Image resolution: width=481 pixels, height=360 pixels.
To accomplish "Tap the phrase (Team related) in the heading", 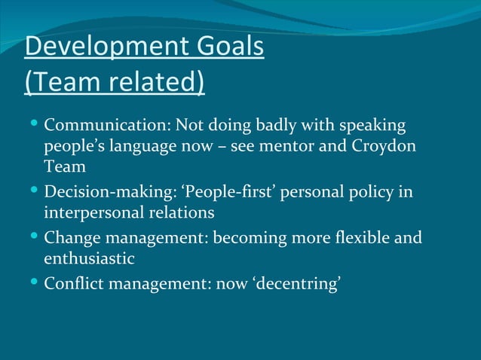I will tap(115, 82).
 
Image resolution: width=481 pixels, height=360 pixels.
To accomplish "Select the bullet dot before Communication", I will tap(34, 122).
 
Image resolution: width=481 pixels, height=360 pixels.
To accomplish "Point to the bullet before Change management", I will tap(34, 237).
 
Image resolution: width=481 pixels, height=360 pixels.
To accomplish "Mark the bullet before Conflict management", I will tap(34, 283).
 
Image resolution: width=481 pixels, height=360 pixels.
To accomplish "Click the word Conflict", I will tap(74, 285).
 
